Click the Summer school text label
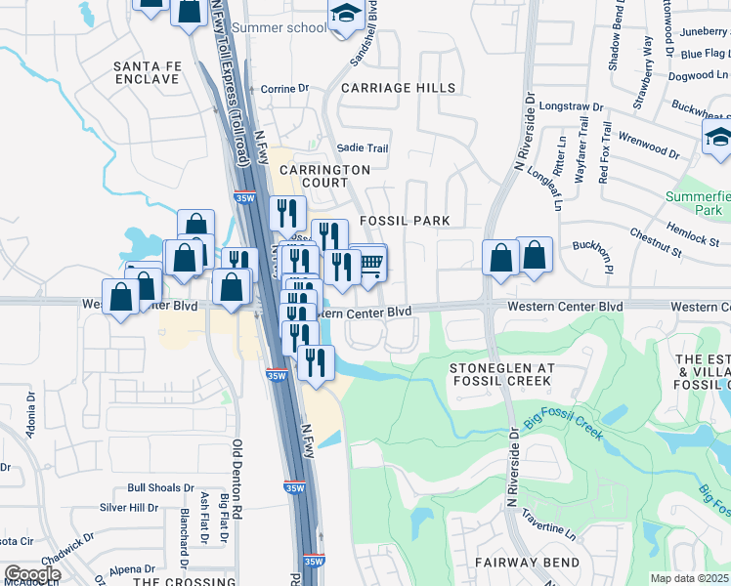tap(279, 27)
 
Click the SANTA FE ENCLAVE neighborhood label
tap(147, 72)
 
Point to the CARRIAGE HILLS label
tap(398, 88)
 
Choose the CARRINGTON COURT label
tap(324, 176)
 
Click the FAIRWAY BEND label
tap(527, 563)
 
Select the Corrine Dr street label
tap(284, 89)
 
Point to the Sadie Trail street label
tap(363, 148)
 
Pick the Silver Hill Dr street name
tap(129, 508)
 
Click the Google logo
tap(32, 574)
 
